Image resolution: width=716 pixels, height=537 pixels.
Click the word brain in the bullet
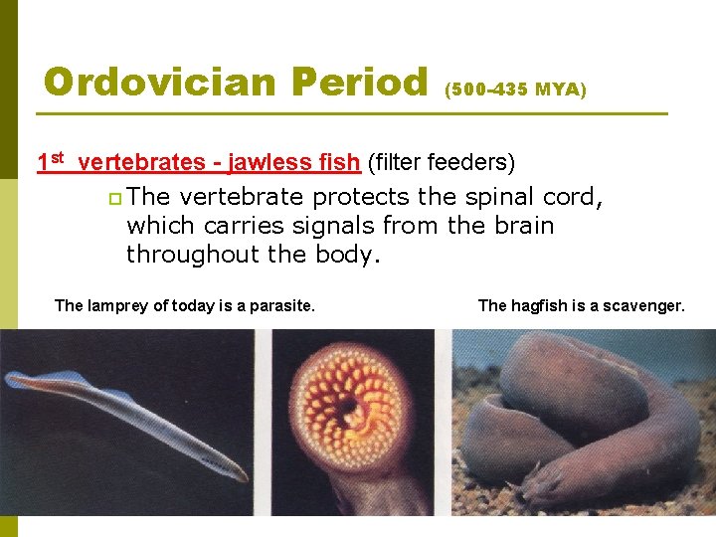point(519,226)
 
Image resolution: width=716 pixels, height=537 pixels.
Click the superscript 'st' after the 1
point(57,157)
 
